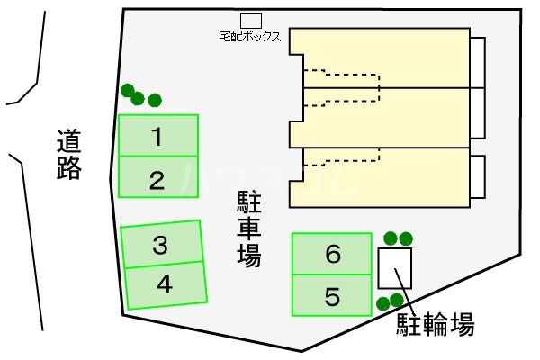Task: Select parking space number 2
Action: pos(157,177)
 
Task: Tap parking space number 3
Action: pos(161,244)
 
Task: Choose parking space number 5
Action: pos(332,295)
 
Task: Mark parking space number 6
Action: pos(332,254)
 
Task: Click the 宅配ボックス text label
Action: pos(250,37)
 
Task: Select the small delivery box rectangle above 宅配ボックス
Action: pos(251,20)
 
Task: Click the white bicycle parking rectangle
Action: pos(394,267)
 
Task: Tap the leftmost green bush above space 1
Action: pos(128,90)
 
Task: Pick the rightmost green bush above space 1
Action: pos(155,99)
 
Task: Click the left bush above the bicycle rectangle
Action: pos(391,238)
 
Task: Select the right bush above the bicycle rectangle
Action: pos(406,238)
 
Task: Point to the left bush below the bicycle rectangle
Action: pos(383,303)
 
